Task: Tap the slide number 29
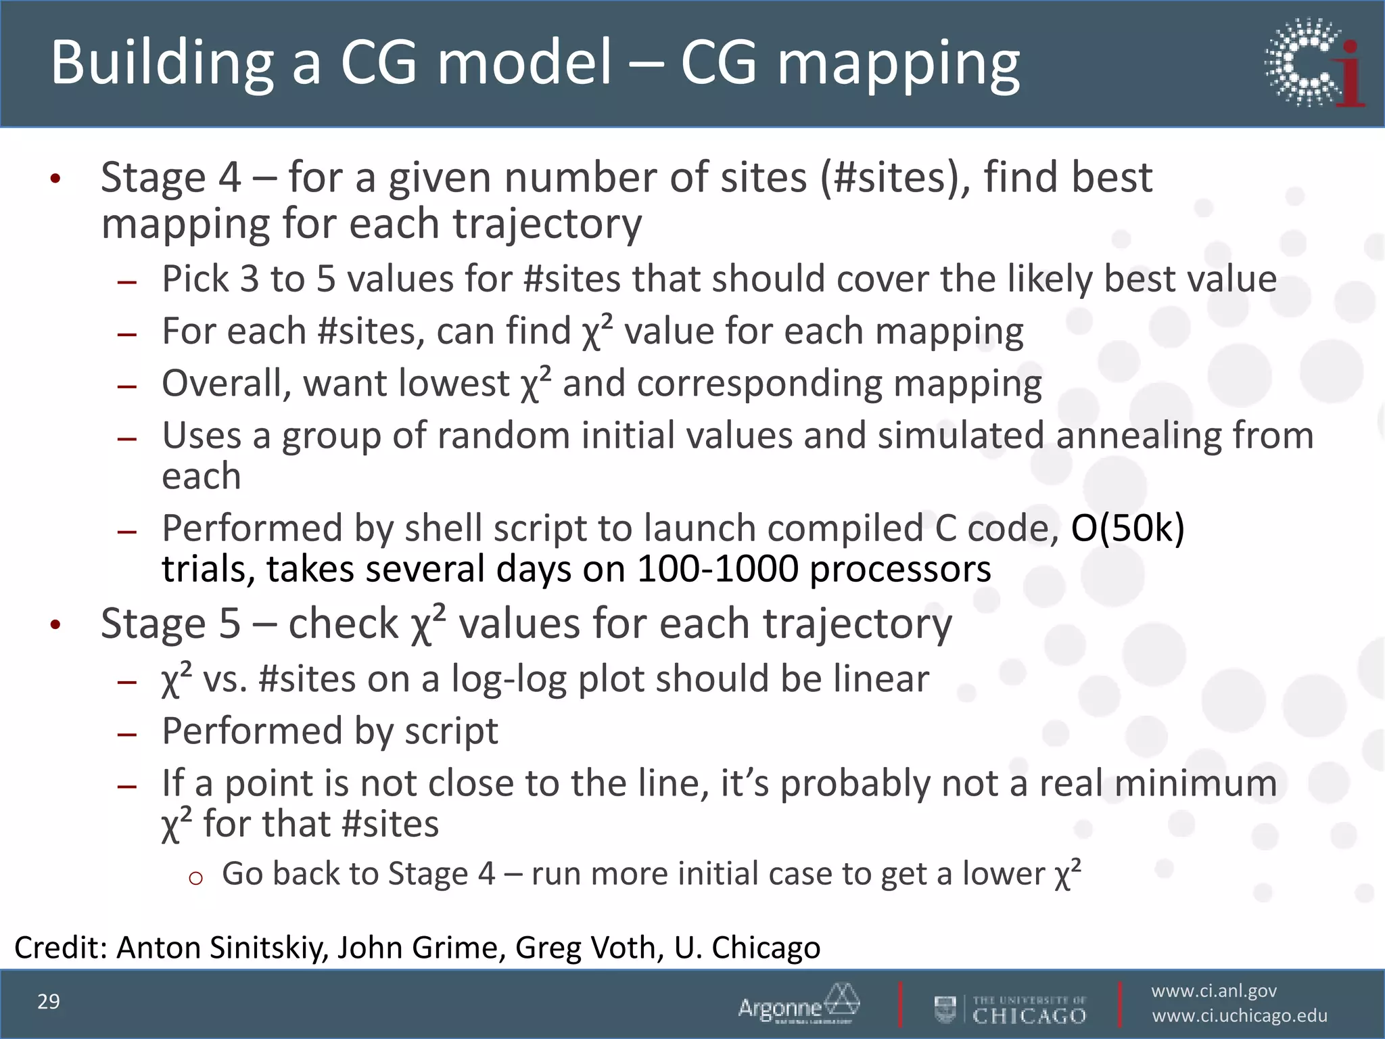49,1002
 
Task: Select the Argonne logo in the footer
799,1004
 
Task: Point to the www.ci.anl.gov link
1214,991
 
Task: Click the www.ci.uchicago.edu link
1240,1016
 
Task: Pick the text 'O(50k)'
1127,528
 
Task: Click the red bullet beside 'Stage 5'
55,624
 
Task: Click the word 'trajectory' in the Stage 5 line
858,624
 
